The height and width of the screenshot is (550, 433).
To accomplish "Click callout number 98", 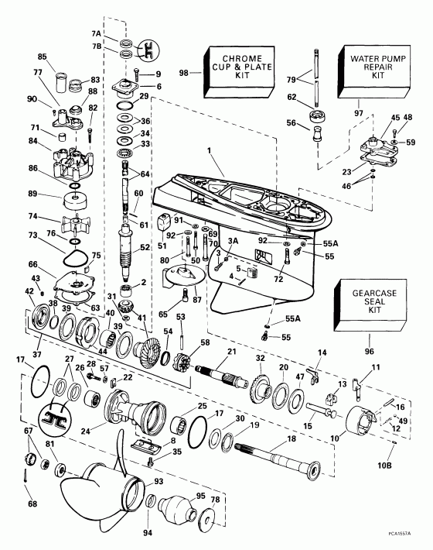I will (x=183, y=73).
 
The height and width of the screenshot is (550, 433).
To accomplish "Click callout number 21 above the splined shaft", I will (x=230, y=353).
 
